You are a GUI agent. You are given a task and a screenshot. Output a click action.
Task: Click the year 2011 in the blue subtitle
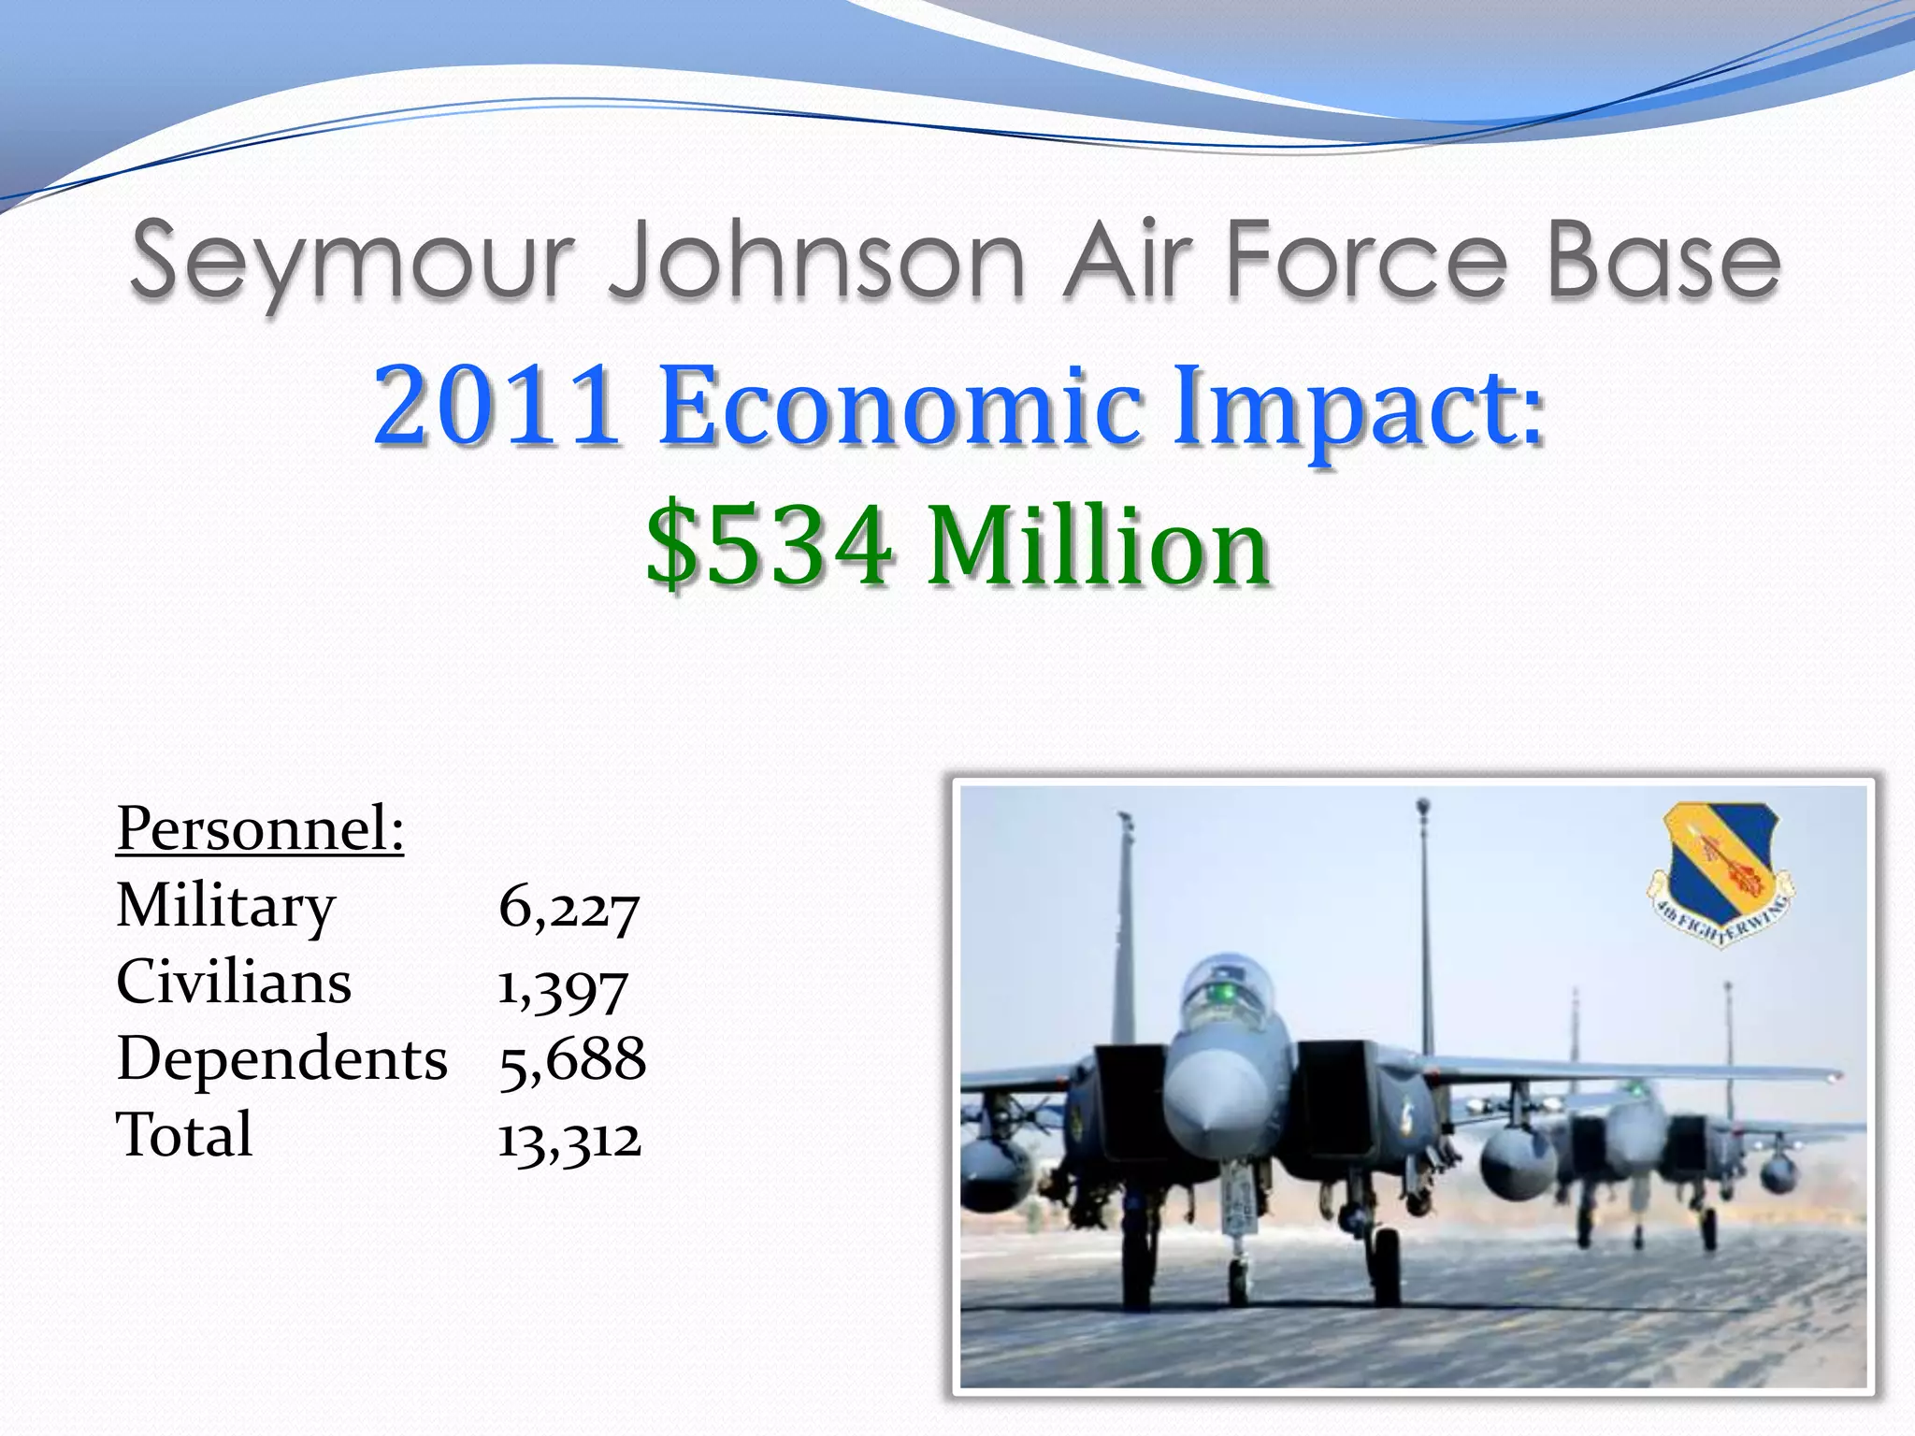pyautogui.click(x=497, y=407)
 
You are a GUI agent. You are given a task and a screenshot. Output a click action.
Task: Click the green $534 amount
pyautogui.click(x=769, y=545)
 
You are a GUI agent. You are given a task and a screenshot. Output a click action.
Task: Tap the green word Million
pyautogui.click(x=1099, y=545)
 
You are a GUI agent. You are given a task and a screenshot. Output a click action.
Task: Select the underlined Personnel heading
pyautogui.click(x=260, y=828)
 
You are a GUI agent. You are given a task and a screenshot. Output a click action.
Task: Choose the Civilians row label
pyautogui.click(x=234, y=983)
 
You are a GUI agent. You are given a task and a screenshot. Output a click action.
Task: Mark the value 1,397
pyautogui.click(x=562, y=987)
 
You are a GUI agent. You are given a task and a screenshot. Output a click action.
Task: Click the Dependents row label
pyautogui.click(x=281, y=1059)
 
